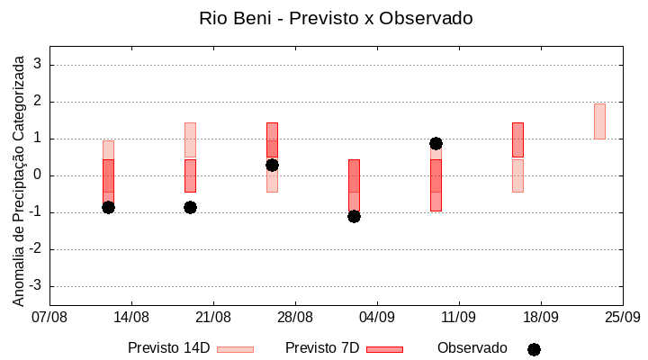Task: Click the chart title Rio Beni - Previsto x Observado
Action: (x=336, y=18)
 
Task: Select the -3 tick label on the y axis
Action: (x=35, y=286)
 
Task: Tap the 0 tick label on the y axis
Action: (x=38, y=175)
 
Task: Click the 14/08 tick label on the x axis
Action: (x=131, y=317)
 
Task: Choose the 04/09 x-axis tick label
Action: (x=377, y=317)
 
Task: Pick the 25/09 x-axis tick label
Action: (x=622, y=317)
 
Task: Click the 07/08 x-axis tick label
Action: (x=49, y=317)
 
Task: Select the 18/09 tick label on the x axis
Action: (x=540, y=317)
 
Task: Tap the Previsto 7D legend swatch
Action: (x=384, y=349)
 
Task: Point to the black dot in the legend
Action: (x=534, y=349)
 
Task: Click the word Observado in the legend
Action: (x=472, y=348)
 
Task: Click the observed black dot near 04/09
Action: (x=354, y=216)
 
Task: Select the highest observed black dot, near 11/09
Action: (x=436, y=143)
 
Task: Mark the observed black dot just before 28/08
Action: (x=272, y=165)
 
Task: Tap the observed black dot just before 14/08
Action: (x=108, y=207)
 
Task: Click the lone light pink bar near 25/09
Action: (x=599, y=121)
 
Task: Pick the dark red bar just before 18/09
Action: (x=517, y=139)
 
